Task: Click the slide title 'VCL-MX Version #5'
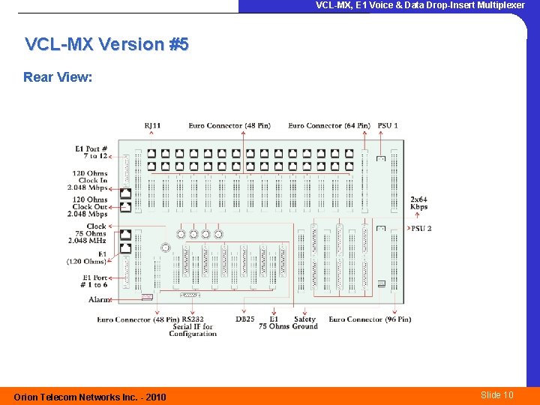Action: click(107, 44)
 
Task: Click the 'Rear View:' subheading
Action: click(58, 77)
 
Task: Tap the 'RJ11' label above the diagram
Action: click(152, 125)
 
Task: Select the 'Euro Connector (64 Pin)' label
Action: click(329, 125)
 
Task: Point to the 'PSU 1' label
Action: click(388, 125)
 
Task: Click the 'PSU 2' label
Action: click(421, 228)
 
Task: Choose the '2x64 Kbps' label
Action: click(418, 202)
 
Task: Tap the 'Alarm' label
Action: click(98, 299)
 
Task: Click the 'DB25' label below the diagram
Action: click(244, 319)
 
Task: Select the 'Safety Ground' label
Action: click(305, 322)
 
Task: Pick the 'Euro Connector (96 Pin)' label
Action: click(370, 319)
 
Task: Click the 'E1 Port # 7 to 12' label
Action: click(91, 151)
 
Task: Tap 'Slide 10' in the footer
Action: click(496, 395)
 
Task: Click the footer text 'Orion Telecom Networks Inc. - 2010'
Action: click(90, 397)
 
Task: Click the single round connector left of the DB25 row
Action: click(165, 247)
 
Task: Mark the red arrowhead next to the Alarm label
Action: click(111, 299)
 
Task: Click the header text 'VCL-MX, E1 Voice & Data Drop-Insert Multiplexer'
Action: click(420, 5)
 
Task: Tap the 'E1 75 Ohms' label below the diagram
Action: click(274, 322)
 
